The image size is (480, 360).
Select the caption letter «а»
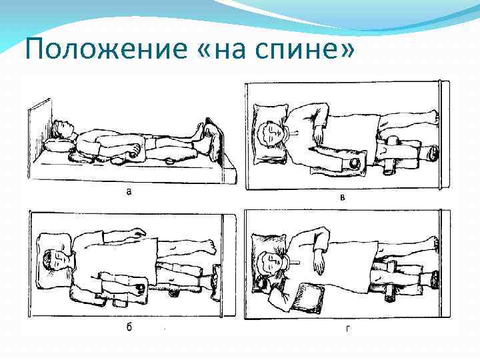click(x=129, y=192)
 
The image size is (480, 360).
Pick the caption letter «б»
click(x=129, y=327)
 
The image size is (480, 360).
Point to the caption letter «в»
click(x=343, y=197)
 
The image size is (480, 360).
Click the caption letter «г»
click(x=348, y=329)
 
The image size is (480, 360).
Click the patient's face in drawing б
click(x=60, y=260)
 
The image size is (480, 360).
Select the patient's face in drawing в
click(x=274, y=133)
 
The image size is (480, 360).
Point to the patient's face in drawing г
click(x=272, y=262)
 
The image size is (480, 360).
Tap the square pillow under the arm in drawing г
click(x=307, y=297)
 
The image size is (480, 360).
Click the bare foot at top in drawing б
click(x=211, y=247)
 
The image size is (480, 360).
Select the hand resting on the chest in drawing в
click(x=319, y=135)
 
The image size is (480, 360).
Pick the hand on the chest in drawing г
click(x=319, y=265)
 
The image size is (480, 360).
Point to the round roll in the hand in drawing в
click(x=356, y=162)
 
